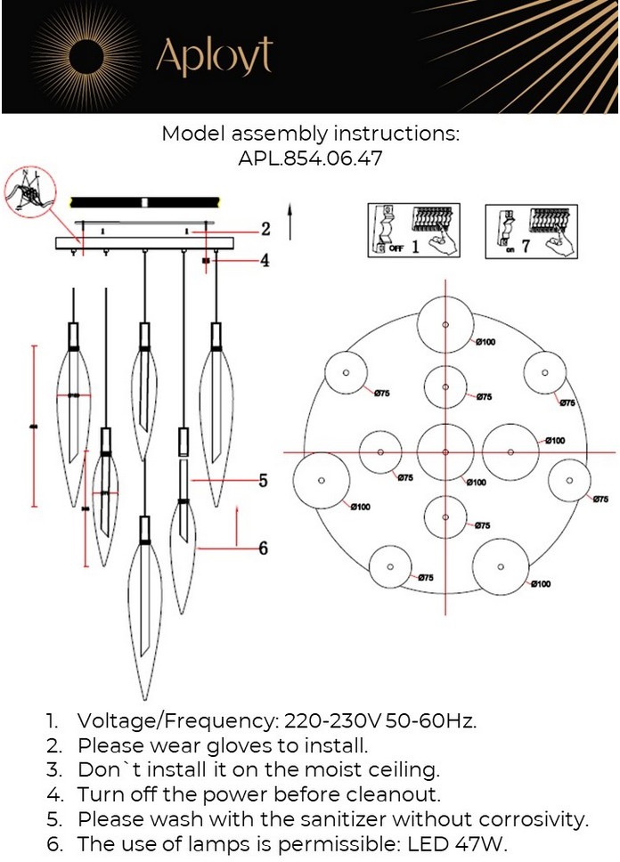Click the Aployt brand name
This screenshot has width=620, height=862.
214,57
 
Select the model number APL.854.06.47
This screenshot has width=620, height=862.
310,159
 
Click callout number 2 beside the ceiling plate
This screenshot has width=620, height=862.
265,229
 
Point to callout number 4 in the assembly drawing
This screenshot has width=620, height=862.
265,261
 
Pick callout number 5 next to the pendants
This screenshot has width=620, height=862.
263,481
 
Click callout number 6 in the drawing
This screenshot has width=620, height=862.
263,549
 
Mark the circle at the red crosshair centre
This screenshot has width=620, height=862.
445,451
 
